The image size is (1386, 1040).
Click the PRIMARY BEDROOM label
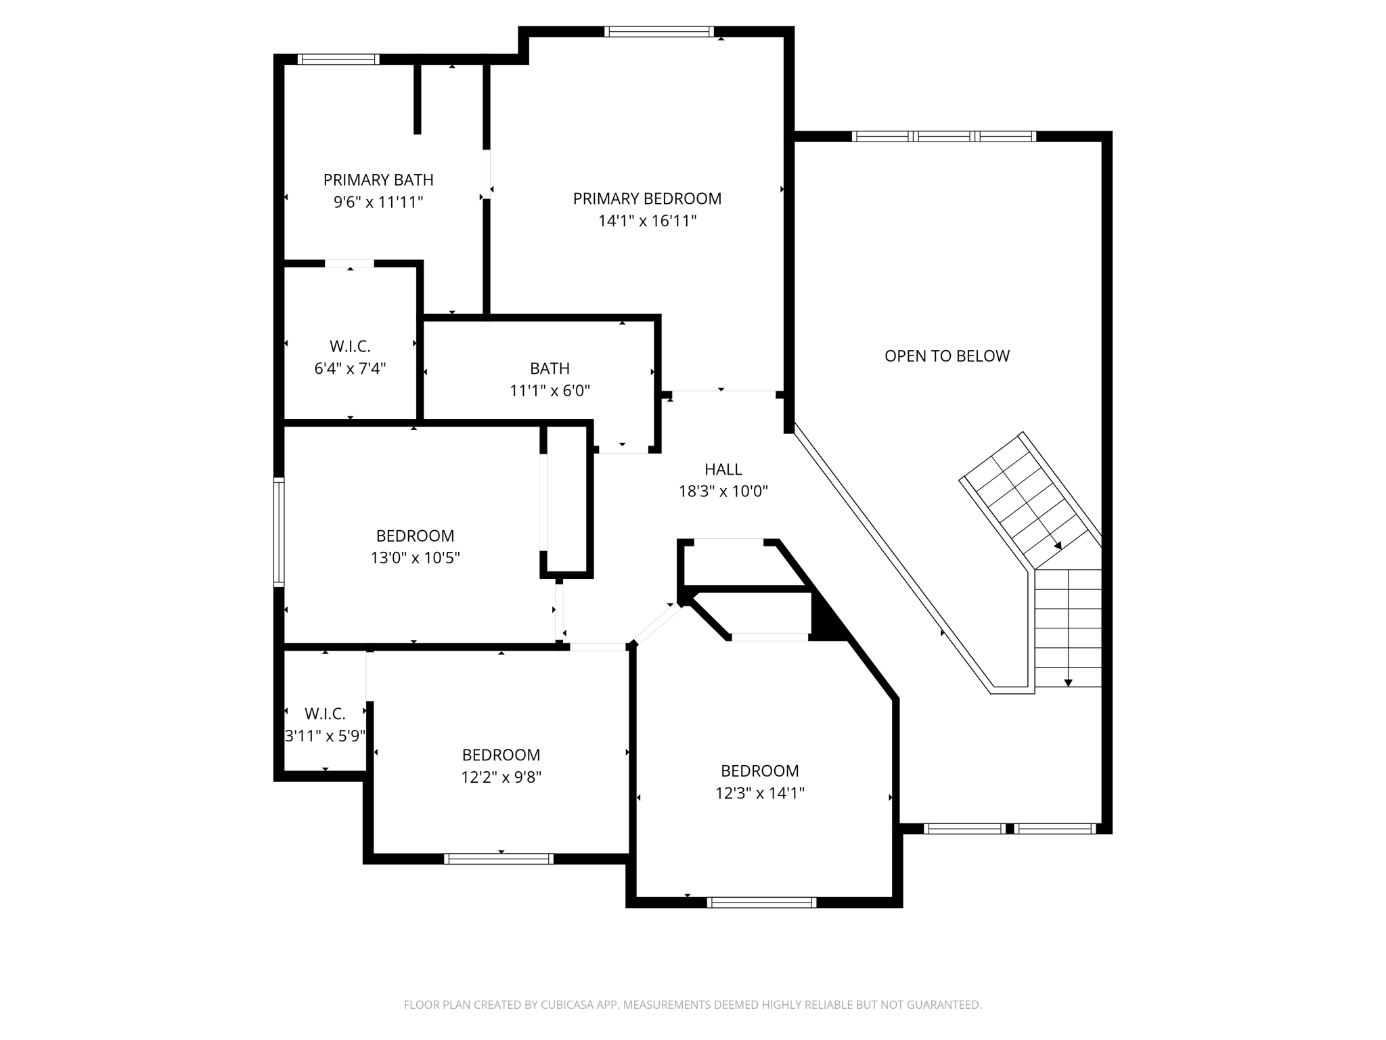647,198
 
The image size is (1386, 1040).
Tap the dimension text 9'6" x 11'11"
378,202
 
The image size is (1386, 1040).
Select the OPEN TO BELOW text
947,356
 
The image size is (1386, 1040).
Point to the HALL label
723,469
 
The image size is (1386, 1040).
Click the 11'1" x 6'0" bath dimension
550,391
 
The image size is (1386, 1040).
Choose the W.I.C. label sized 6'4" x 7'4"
350,347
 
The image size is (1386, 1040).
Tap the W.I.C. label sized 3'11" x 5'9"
325,714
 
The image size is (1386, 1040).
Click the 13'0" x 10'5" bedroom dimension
415,558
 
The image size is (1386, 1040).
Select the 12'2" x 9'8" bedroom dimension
501,777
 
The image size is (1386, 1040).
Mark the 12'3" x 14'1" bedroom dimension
759,793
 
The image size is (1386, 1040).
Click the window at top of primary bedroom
658,32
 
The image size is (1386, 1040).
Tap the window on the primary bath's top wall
338,60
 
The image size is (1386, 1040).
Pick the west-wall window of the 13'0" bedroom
279,531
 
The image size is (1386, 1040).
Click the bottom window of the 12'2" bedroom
499,859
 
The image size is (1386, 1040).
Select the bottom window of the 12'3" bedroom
761,902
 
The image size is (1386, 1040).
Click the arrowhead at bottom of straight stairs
1068,682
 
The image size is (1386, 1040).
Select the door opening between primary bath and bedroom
486,174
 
